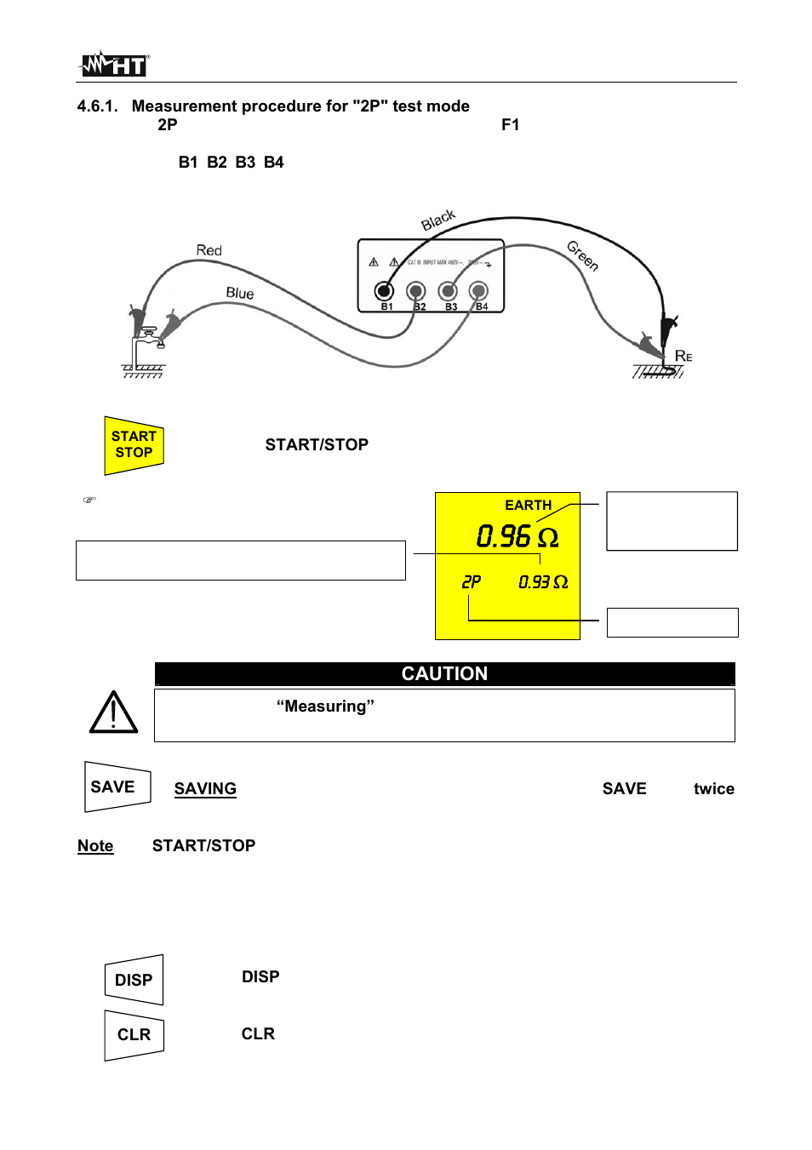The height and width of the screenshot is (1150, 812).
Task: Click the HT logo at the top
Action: click(114, 64)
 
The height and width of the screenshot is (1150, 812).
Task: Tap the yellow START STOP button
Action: click(134, 444)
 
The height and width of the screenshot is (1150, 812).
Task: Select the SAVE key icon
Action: click(117, 787)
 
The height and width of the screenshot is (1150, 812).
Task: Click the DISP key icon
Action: click(134, 980)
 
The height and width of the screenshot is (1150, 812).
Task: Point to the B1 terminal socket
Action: click(385, 291)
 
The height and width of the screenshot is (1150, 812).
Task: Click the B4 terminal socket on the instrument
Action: click(478, 291)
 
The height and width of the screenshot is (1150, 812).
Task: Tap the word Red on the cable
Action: click(209, 250)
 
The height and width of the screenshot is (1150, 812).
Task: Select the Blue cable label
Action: click(239, 293)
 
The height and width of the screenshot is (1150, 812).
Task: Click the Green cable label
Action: click(583, 255)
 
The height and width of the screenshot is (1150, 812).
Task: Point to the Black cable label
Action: click(438, 220)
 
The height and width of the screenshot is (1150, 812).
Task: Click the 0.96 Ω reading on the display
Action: click(517, 536)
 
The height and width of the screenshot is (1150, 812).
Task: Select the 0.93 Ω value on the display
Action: click(542, 582)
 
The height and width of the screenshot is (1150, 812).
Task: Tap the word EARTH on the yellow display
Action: click(528, 505)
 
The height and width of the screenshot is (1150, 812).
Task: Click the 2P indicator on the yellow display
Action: click(471, 582)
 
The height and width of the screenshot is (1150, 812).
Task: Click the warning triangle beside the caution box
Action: click(113, 712)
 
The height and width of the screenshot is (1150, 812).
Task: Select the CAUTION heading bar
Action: click(444, 673)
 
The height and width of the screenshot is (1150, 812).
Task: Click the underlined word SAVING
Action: click(205, 789)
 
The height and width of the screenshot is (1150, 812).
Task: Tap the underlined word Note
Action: click(95, 846)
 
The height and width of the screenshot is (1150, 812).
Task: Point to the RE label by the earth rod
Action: click(683, 356)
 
